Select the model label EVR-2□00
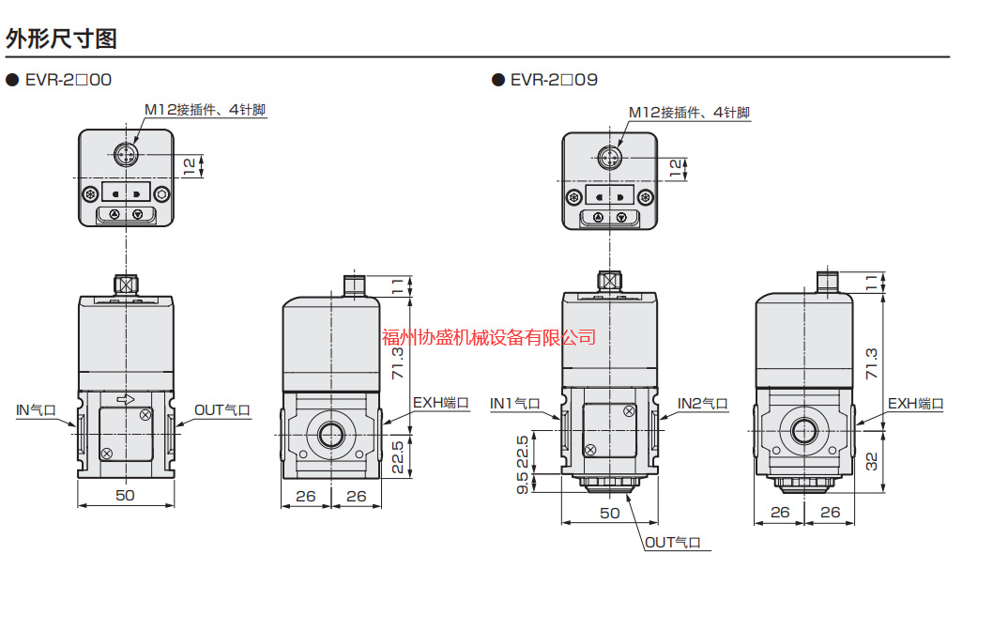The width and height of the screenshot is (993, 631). pos(67,80)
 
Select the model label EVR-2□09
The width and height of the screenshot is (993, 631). pos(553,80)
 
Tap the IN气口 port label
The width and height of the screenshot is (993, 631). pos(41,410)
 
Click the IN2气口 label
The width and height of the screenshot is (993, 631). pos(703,404)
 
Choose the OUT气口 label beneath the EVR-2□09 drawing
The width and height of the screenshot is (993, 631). pos(673,543)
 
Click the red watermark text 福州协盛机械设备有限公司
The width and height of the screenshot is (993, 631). pos(489,337)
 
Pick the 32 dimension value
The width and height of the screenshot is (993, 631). pos(872,461)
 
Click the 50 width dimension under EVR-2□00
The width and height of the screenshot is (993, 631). pos(125,495)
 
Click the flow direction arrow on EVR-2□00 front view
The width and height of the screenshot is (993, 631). pos(124,400)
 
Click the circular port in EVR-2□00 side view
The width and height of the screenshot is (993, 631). pos(331,434)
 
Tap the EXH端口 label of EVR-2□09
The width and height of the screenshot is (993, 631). pos(915,404)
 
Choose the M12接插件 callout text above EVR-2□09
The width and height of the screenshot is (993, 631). pos(689,113)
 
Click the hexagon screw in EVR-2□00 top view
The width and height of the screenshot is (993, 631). pos(161,194)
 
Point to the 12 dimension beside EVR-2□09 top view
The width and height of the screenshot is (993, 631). pos(675,168)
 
